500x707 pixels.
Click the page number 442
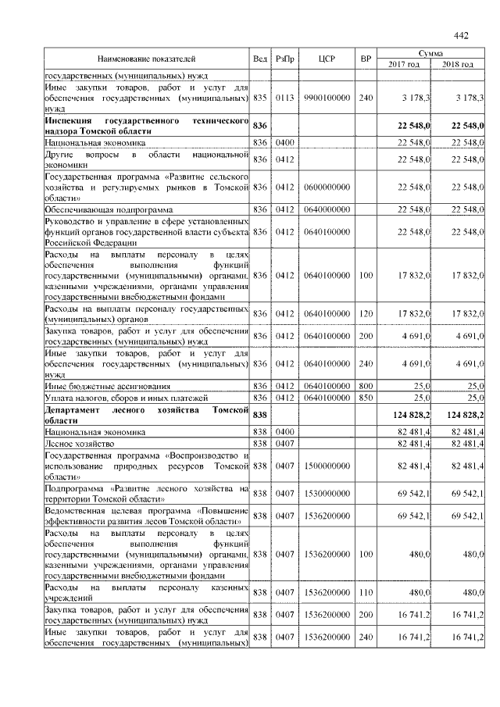(x=460, y=35)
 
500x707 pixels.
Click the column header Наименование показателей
(x=146, y=59)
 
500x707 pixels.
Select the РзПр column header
(x=284, y=59)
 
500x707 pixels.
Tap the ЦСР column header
(x=327, y=59)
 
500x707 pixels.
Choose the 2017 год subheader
(x=404, y=64)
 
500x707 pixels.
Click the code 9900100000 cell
(x=327, y=98)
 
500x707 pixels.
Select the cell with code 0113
(x=284, y=98)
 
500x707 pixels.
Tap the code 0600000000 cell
(x=327, y=187)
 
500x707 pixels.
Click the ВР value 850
(x=365, y=398)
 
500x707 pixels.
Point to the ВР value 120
(x=365, y=313)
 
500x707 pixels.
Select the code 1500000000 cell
(x=327, y=466)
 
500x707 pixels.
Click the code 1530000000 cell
(x=327, y=494)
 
